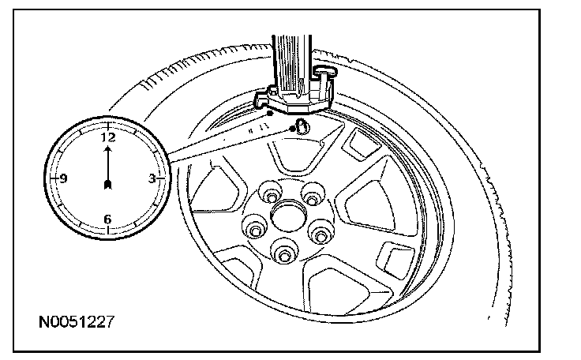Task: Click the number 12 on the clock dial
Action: point(107,137)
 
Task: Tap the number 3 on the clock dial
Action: point(150,178)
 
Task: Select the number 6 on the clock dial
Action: point(107,219)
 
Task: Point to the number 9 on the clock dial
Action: point(64,178)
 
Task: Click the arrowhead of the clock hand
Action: point(107,146)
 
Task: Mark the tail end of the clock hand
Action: point(107,185)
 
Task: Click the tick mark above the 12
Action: point(107,125)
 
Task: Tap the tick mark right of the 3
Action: point(162,178)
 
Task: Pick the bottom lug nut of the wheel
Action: point(283,253)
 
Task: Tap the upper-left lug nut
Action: point(271,193)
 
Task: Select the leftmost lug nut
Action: point(254,229)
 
